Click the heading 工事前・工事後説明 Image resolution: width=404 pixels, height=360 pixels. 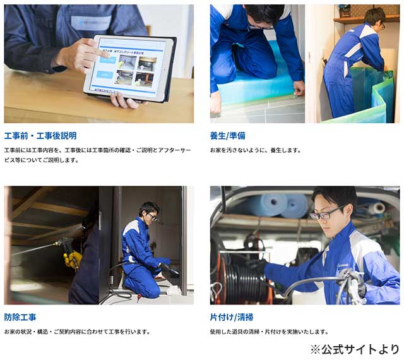point(40,136)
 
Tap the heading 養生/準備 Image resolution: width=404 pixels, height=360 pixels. point(228,136)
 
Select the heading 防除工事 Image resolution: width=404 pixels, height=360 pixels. point(20,317)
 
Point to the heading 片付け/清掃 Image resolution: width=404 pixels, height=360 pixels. point(232,317)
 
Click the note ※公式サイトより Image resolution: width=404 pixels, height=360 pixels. point(355,350)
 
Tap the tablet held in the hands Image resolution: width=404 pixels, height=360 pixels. point(130,68)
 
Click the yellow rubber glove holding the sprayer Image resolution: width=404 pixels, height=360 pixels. point(73,259)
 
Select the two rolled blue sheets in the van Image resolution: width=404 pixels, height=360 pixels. point(281,205)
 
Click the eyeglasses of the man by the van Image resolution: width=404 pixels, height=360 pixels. point(326,213)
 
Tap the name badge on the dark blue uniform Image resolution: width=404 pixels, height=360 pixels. point(92,23)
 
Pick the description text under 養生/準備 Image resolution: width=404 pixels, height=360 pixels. point(255,150)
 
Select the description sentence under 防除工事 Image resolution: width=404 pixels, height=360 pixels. point(77,332)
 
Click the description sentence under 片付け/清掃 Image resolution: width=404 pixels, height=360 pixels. point(270,332)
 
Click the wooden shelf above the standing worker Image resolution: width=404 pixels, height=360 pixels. point(366,19)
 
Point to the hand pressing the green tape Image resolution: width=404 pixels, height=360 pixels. point(299,90)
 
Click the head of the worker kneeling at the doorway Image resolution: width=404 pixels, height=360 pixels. point(149,210)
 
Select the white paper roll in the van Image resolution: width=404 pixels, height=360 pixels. point(377,208)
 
